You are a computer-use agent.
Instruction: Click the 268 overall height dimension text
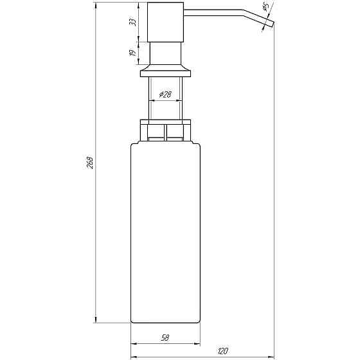(x=91, y=163)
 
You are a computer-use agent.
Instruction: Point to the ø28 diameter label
(x=165, y=94)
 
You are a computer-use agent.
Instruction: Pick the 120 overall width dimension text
(x=222, y=350)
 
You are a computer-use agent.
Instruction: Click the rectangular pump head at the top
(x=165, y=22)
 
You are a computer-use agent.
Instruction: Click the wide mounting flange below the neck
(x=165, y=70)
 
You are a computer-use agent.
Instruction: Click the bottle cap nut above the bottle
(x=165, y=130)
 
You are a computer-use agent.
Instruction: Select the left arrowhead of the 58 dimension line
(x=133, y=343)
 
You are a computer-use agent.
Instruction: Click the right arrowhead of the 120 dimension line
(x=273, y=357)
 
